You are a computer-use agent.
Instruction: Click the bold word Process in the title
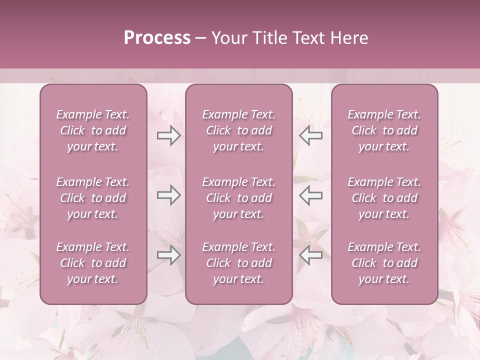[x=157, y=38]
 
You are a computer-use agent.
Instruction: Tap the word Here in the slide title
[x=349, y=38]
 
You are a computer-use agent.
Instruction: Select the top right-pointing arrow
[x=168, y=135]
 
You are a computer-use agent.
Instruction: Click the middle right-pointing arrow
[x=168, y=195]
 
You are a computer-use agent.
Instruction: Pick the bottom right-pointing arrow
[x=168, y=255]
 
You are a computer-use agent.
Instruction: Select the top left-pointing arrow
[x=311, y=135]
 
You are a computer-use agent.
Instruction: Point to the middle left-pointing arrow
[x=311, y=195]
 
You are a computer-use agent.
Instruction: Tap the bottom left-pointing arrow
[x=311, y=255]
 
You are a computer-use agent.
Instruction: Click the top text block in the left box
[x=93, y=130]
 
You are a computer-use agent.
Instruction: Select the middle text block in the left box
[x=93, y=198]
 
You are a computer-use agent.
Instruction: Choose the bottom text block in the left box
[x=93, y=263]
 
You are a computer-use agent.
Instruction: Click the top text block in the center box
[x=239, y=130]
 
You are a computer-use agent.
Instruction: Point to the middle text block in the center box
[x=239, y=198]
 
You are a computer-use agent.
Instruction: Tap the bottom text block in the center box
[x=239, y=263]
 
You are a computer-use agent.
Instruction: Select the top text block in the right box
[x=384, y=130]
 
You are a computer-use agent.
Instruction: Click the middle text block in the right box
[x=384, y=198]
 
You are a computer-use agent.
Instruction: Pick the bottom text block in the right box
[x=384, y=263]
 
